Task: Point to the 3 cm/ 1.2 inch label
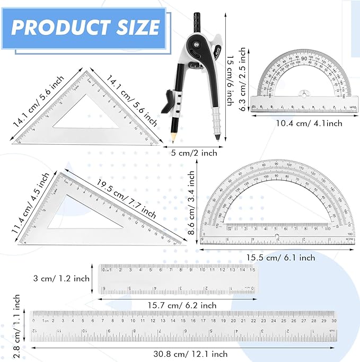coord(61,277)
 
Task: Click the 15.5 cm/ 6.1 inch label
coord(280,258)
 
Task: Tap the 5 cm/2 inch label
coord(195,153)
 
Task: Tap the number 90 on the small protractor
coord(304,58)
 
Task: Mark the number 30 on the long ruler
coord(333,320)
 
